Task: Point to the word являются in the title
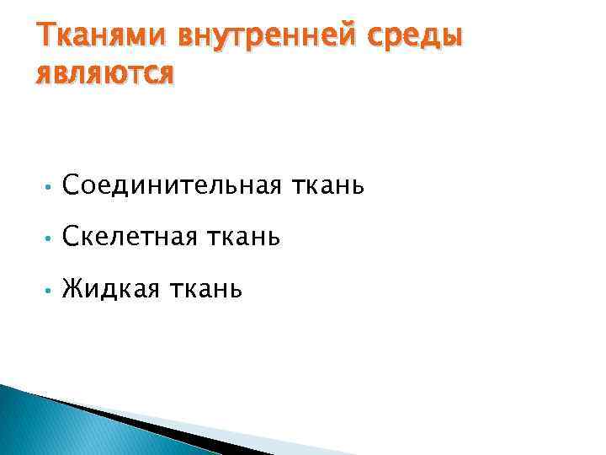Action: [105, 73]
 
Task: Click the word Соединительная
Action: [172, 184]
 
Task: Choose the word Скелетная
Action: [128, 238]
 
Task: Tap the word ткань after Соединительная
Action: [328, 184]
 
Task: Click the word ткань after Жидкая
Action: [206, 290]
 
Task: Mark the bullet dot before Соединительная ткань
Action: [50, 185]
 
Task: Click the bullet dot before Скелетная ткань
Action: [50, 238]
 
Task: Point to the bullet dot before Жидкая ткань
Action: [50, 292]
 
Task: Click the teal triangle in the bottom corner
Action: [42, 426]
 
